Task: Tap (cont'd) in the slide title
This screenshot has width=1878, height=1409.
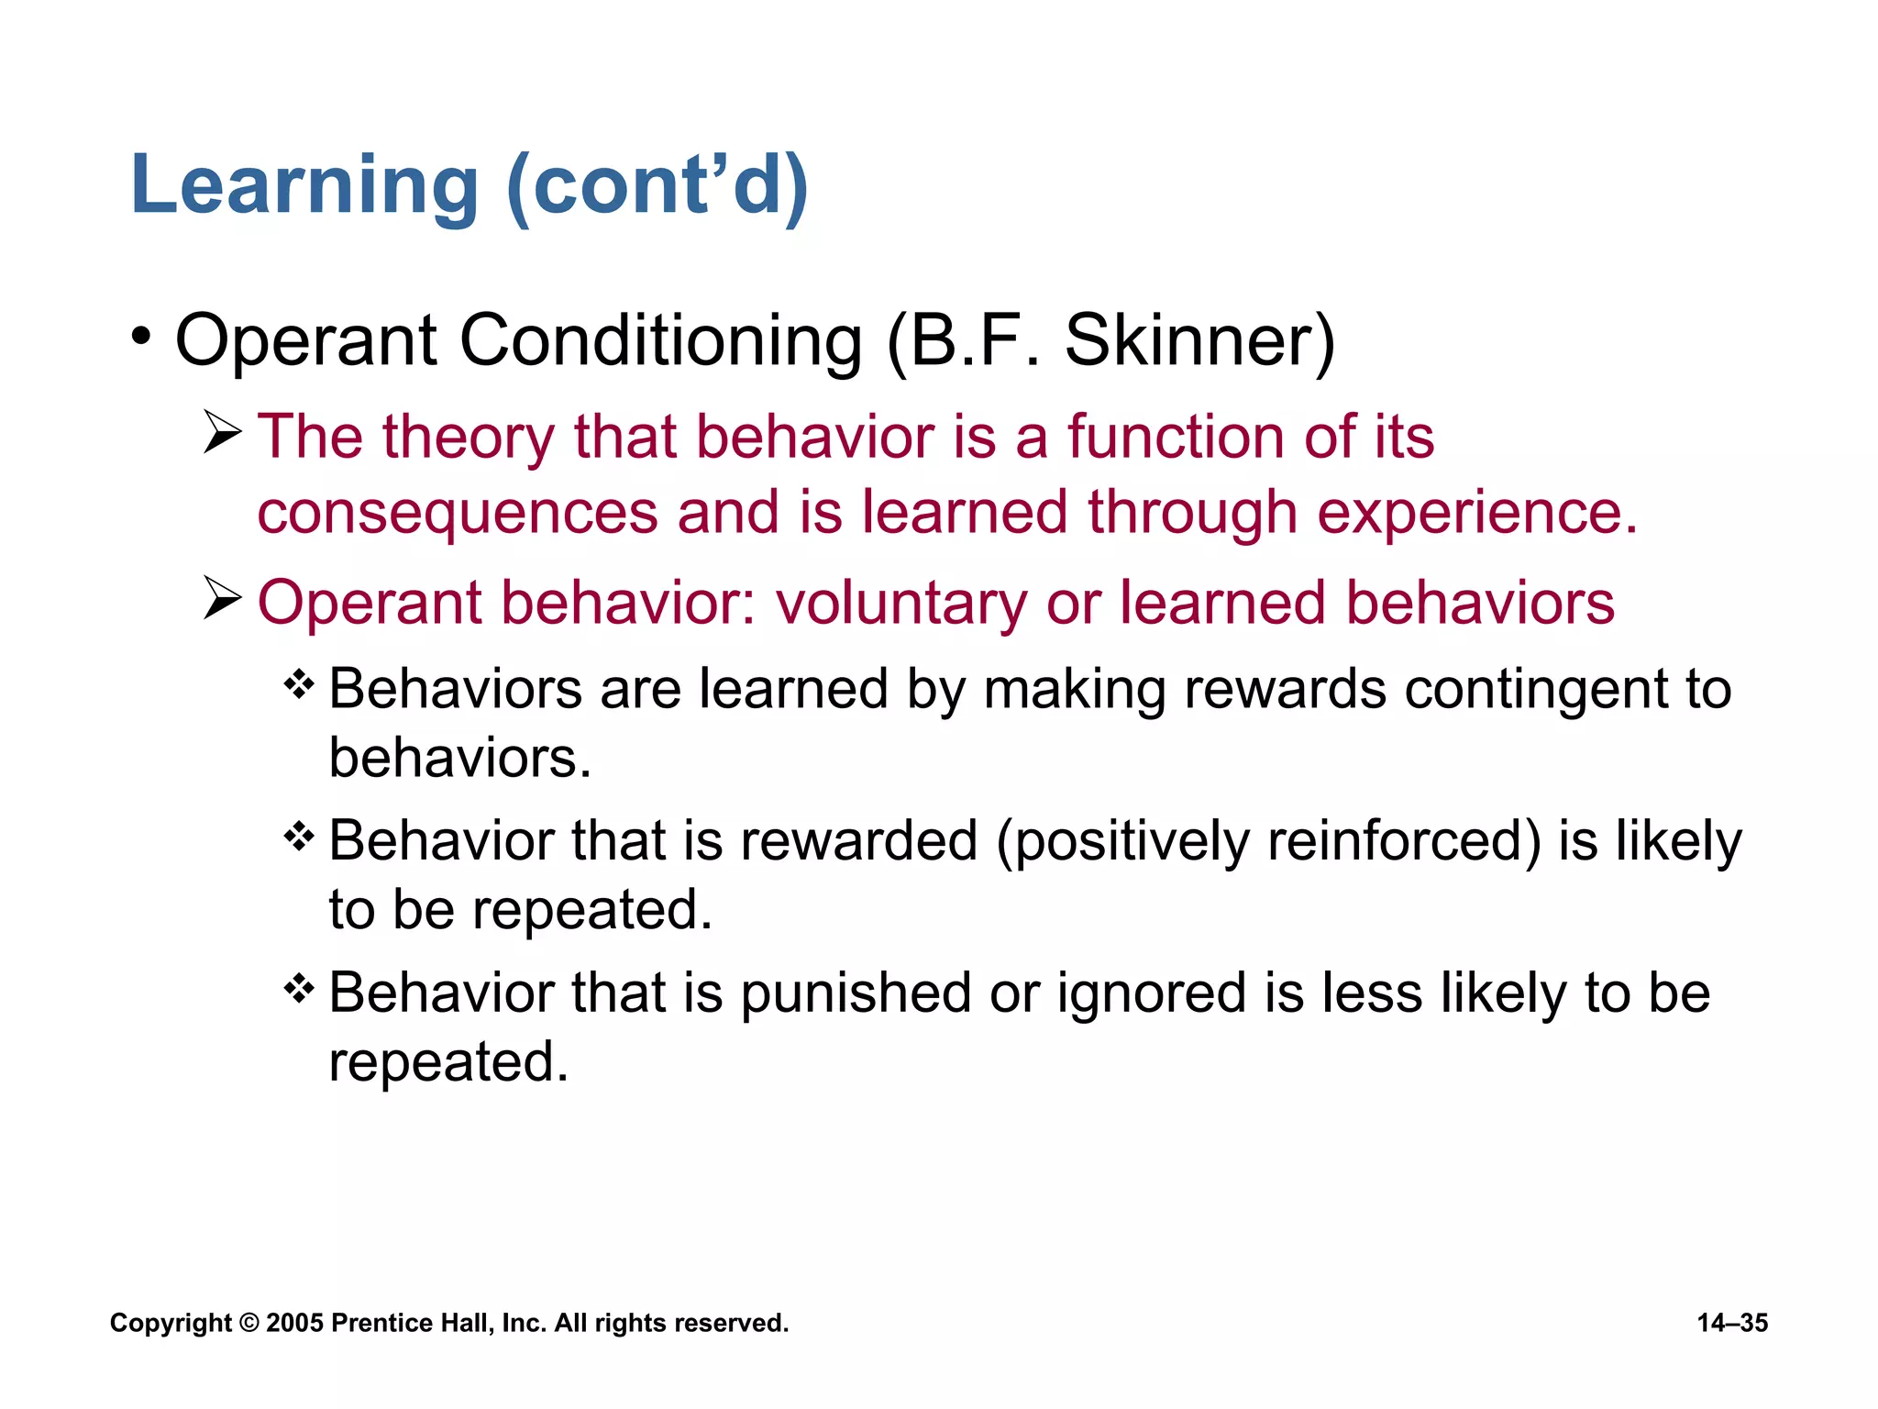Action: coord(657,186)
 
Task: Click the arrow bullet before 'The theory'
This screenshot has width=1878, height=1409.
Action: coord(221,432)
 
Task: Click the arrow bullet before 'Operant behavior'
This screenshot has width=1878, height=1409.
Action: coord(221,599)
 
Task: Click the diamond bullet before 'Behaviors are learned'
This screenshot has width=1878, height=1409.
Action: coord(299,683)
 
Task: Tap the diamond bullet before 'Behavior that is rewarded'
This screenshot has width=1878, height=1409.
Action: coord(299,836)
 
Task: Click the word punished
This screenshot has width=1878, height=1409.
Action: coord(856,994)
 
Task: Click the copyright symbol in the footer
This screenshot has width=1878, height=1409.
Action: coord(249,1323)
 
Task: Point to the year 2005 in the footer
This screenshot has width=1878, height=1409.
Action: coord(294,1323)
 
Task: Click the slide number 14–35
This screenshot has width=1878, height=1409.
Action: coord(1731,1323)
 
